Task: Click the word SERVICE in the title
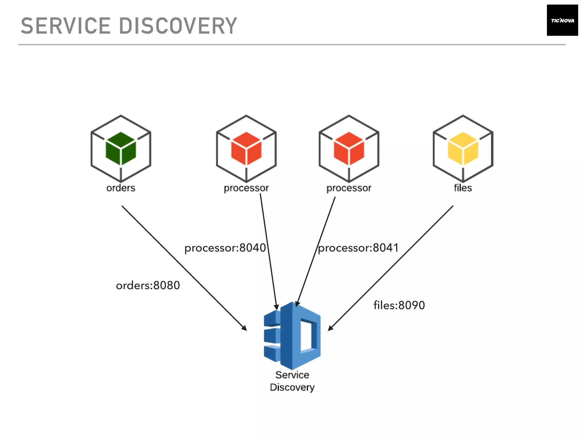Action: [66, 26]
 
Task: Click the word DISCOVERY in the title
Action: [178, 26]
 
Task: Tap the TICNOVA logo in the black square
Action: [562, 20]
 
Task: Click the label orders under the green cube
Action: [121, 188]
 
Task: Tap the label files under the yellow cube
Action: [463, 188]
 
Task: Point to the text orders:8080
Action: [148, 285]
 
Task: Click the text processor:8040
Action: [225, 248]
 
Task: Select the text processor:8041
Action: [358, 248]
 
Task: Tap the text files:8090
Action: [399, 305]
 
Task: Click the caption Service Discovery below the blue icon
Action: [292, 381]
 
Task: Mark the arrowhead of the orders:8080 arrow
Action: [245, 328]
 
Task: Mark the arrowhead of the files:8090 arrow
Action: [330, 328]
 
